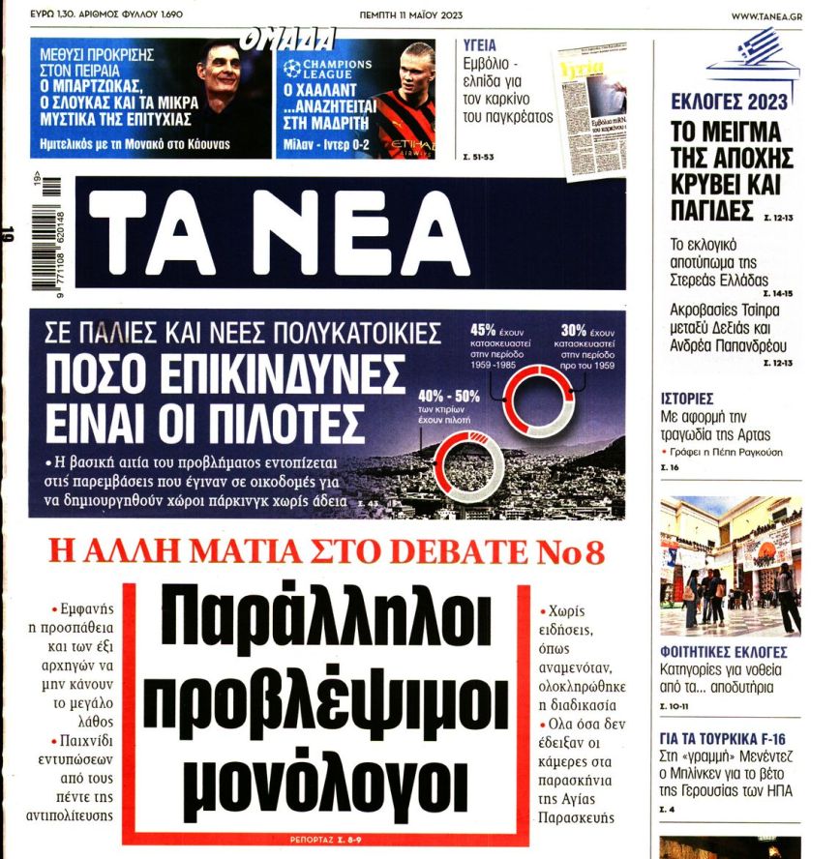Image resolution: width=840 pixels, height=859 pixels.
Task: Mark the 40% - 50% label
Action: click(x=448, y=396)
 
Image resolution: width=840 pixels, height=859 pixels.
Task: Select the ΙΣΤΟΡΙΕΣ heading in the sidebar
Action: click(x=686, y=398)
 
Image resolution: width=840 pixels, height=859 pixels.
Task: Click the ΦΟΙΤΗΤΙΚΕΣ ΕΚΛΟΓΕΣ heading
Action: click(x=723, y=651)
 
